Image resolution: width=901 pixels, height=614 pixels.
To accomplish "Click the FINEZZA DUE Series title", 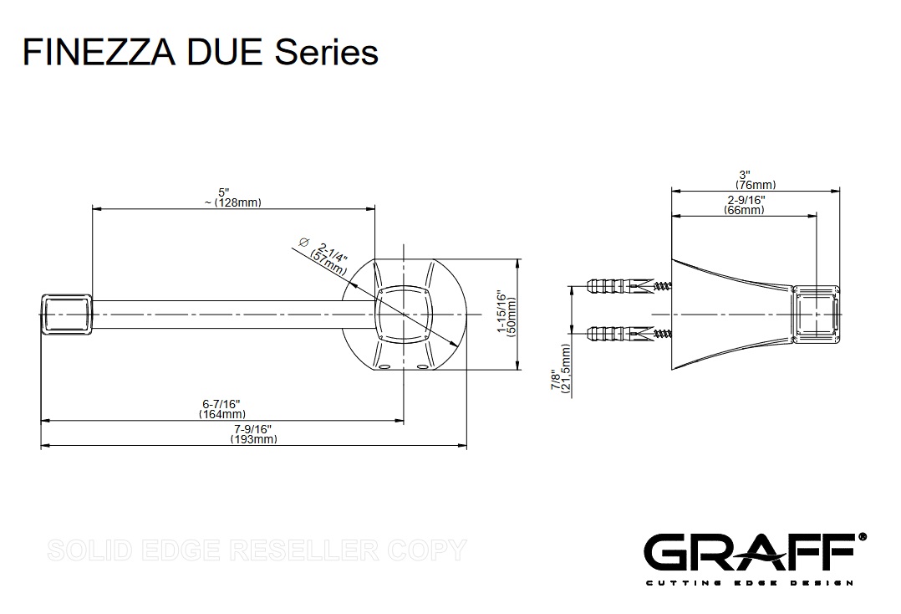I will (x=201, y=52).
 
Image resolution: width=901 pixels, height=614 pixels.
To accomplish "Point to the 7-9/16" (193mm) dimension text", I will (x=253, y=435).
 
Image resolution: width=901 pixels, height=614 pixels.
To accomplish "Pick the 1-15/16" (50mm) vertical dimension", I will (x=507, y=313).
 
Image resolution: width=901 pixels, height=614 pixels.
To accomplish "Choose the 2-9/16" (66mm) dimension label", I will (x=743, y=206).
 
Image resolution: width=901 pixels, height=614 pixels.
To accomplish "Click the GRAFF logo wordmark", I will (x=748, y=553).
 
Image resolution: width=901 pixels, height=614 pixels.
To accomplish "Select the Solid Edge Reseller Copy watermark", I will (x=257, y=550).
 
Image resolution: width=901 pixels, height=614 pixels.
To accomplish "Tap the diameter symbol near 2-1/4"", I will (x=304, y=242).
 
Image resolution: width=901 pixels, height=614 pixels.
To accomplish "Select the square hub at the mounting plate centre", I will (x=405, y=313).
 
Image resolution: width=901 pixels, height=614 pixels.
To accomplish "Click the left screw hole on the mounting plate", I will (x=384, y=366).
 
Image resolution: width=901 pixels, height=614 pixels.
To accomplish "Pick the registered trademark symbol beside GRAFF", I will (x=863, y=536).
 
